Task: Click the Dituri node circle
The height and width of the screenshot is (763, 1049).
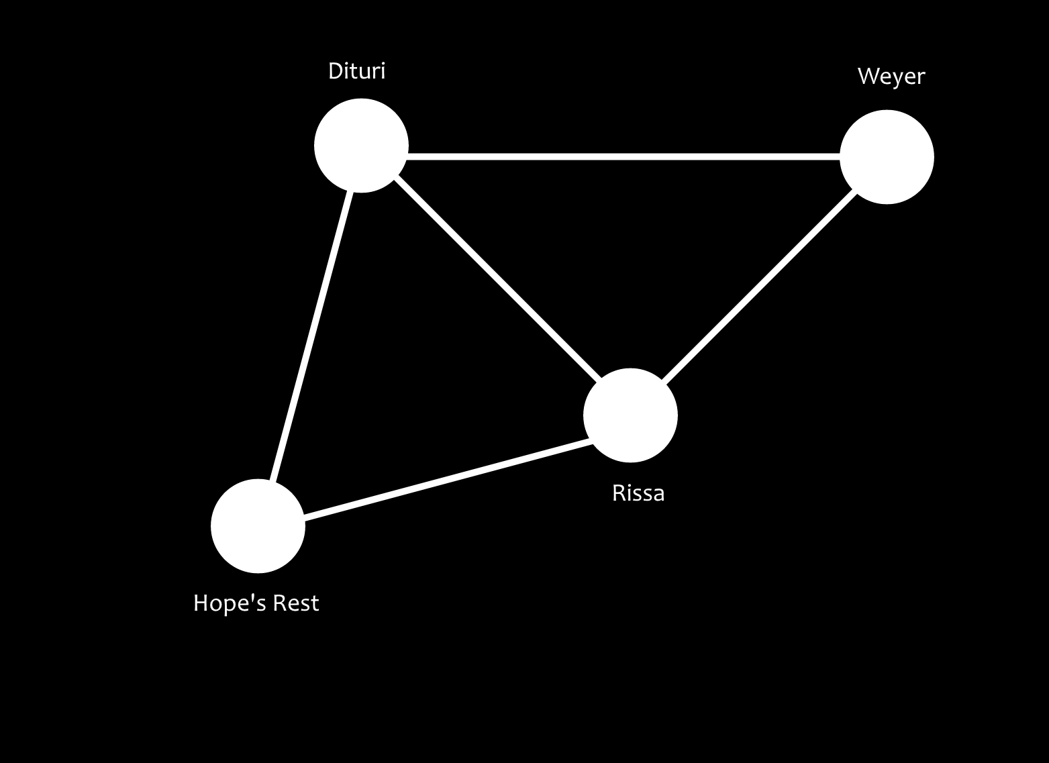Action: point(361,146)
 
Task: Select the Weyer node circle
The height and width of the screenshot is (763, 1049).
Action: point(887,157)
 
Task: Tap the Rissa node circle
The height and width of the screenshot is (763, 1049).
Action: point(630,415)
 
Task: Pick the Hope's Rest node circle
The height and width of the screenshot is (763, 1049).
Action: point(258,526)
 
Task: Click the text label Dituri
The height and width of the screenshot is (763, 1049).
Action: point(356,71)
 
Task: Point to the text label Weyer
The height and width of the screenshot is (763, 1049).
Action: point(891,77)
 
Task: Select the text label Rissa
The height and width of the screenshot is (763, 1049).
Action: point(638,493)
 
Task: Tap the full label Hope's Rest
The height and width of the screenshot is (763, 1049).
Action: point(256,603)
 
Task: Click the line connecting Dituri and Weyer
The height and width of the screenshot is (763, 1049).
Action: point(624,157)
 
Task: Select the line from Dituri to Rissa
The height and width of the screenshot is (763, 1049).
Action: point(497,281)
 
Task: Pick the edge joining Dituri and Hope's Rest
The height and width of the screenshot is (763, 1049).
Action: point(311,336)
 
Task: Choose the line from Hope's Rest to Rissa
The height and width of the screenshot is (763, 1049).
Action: point(448,479)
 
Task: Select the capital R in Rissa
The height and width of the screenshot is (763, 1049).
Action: point(618,493)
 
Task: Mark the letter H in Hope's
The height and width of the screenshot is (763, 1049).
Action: point(200,603)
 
